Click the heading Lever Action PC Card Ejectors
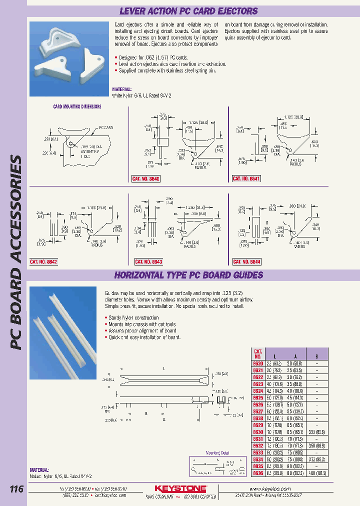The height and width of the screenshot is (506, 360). [x=189, y=10]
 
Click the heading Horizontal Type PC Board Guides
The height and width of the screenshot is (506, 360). [x=189, y=275]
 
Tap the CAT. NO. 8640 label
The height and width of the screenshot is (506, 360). [x=145, y=178]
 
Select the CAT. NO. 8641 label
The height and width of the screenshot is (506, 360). [x=246, y=178]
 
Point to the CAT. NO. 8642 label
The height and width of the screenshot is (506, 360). [x=43, y=261]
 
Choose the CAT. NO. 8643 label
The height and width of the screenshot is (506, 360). [x=148, y=261]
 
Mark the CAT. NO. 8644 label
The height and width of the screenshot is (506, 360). [x=247, y=261]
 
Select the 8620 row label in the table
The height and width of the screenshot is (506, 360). [x=257, y=363]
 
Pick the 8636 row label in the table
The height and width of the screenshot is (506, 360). [x=257, y=472]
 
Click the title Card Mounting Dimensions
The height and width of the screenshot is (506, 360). [x=77, y=106]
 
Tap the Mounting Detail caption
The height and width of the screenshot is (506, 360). [x=216, y=453]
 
